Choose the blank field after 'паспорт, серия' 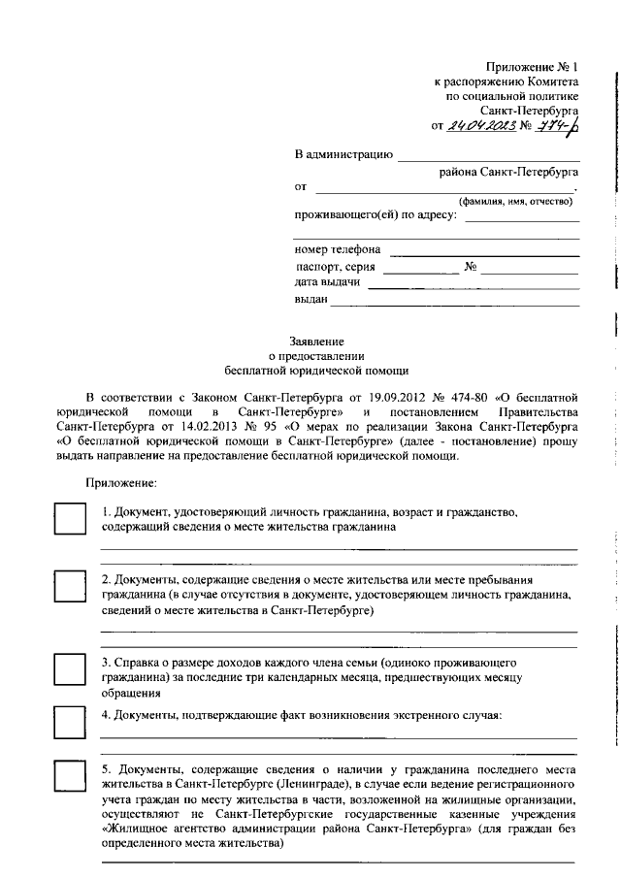(420, 268)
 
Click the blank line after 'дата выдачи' (474, 284)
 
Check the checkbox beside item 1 (70, 518)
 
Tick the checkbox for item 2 (70, 587)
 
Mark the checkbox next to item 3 (70, 669)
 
